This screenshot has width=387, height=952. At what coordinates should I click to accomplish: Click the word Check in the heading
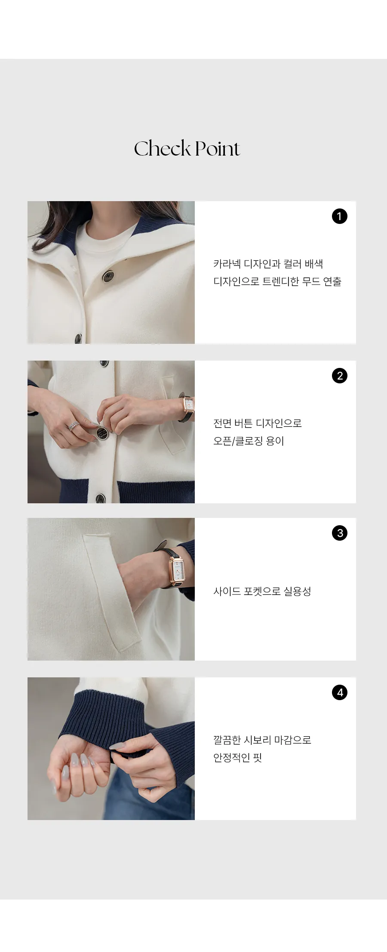163,148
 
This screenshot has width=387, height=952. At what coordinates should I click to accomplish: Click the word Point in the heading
217,148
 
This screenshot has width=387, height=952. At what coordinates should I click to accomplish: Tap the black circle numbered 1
340,216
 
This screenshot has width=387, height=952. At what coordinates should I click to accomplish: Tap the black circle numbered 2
340,376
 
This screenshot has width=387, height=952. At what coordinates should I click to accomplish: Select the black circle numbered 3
340,533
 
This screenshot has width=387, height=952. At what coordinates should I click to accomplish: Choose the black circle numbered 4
340,692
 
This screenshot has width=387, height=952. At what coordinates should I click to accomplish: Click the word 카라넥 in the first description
227,264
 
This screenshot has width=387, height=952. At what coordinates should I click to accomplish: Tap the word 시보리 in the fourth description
257,740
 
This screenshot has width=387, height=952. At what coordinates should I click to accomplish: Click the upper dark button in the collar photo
108,276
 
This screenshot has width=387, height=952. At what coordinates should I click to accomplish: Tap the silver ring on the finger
74,426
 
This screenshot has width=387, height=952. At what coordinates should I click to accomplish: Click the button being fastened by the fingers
101,433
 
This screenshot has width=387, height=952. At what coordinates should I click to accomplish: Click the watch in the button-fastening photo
188,406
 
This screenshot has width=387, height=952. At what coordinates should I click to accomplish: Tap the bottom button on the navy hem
100,499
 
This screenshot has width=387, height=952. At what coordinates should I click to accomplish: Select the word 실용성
298,591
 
